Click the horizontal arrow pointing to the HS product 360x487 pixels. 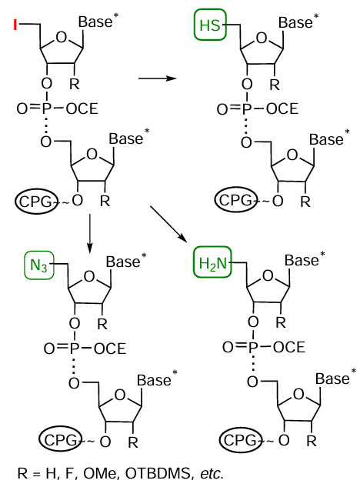157,77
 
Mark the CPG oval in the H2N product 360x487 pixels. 242,440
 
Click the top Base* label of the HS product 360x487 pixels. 298,23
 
